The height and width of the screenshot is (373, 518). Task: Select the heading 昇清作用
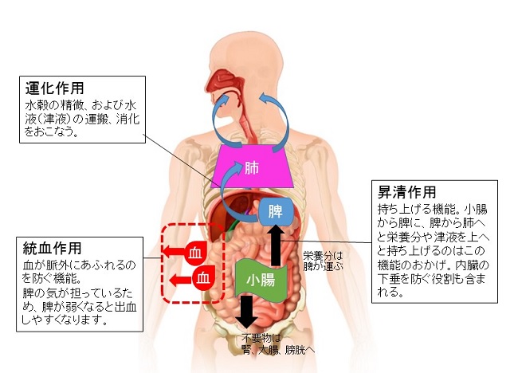(407, 193)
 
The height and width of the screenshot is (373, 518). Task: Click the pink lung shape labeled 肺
(253, 169)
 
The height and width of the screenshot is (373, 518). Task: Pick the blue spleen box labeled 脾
(276, 212)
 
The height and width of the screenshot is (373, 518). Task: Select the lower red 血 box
(205, 278)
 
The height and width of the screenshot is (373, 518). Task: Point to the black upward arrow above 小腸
(276, 243)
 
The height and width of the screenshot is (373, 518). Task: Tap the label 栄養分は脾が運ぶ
(322, 261)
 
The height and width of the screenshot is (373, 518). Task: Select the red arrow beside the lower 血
(179, 278)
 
